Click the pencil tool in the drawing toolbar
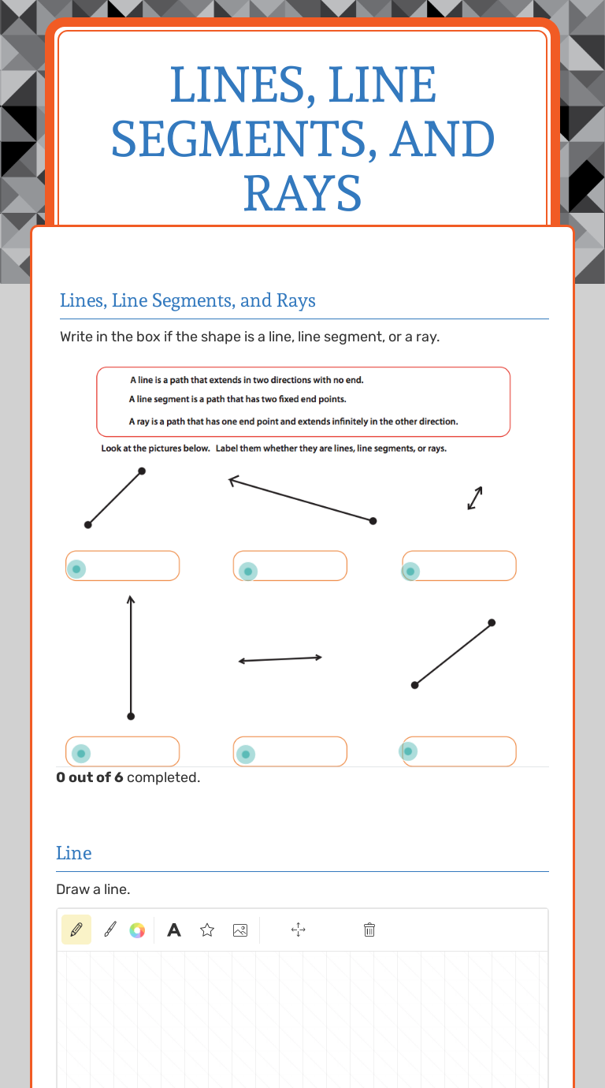pos(76,930)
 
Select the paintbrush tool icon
pos(109,930)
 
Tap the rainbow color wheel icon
pos(137,930)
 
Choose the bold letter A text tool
pos(174,930)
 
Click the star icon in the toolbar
pos(207,930)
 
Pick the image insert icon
pos(240,930)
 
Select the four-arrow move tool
pos(299,930)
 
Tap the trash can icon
pos(369,930)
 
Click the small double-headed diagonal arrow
pos(474,497)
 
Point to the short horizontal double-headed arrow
pos(280,659)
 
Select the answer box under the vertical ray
pos(123,751)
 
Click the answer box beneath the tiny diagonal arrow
pos(459,566)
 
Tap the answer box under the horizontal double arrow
pos(290,751)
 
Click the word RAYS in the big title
pos(302,193)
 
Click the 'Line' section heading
pos(74,853)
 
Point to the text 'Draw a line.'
pos(93,889)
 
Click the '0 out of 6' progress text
pos(90,777)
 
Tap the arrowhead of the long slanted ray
pos(232,479)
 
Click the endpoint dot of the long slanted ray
pos(373,521)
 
